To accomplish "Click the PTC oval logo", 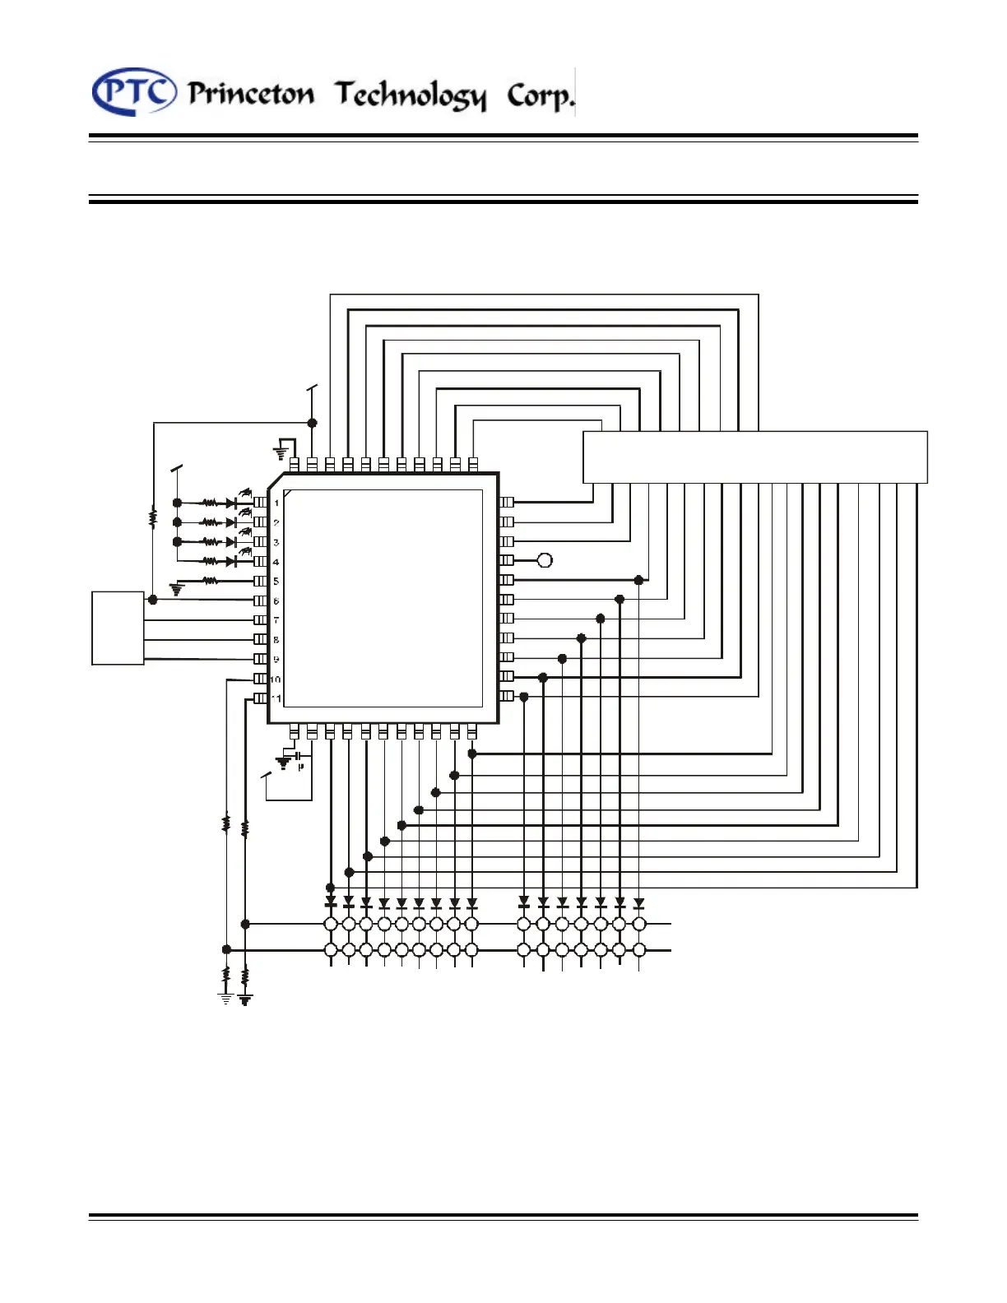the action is pyautogui.click(x=133, y=91).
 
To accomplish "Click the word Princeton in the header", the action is pyautogui.click(x=251, y=94).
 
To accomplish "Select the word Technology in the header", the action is pyautogui.click(x=410, y=95).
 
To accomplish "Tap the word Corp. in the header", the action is pyautogui.click(x=540, y=96).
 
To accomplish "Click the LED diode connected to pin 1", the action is pyautogui.click(x=233, y=503).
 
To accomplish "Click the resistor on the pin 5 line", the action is pyautogui.click(x=211, y=581).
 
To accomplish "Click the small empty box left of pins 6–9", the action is pyautogui.click(x=118, y=627).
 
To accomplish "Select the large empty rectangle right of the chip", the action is pyautogui.click(x=754, y=457).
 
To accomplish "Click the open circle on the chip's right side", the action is pyautogui.click(x=544, y=560).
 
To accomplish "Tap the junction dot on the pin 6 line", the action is pyautogui.click(x=153, y=600).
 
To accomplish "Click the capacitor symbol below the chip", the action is pyautogui.click(x=298, y=754).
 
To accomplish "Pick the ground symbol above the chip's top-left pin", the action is pyautogui.click(x=281, y=452).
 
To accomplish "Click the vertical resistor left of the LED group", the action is pyautogui.click(x=153, y=518).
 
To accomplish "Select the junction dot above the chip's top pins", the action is pyautogui.click(x=312, y=423).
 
